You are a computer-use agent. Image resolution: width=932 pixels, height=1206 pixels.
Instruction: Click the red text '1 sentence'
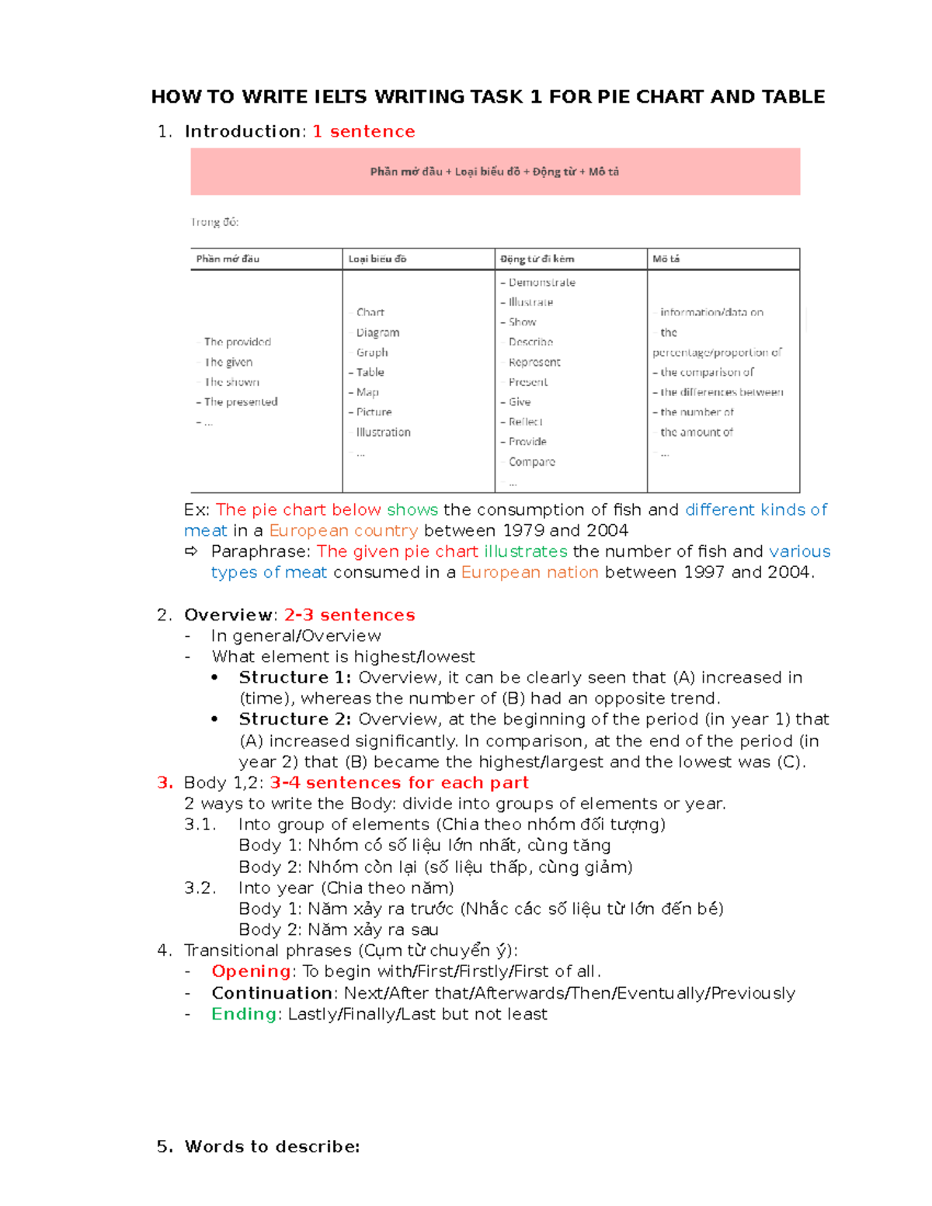click(x=363, y=132)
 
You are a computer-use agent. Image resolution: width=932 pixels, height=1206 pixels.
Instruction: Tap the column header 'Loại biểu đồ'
click(x=377, y=259)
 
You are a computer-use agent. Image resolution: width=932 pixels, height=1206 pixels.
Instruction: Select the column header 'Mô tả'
click(x=666, y=259)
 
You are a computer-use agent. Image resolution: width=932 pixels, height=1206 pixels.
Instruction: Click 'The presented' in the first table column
click(x=240, y=401)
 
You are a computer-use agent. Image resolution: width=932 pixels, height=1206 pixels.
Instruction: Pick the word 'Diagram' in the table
click(x=377, y=332)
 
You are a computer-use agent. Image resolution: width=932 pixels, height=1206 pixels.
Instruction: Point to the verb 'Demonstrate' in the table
click(x=541, y=283)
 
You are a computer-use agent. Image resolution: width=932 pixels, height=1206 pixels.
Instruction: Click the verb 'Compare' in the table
click(x=531, y=461)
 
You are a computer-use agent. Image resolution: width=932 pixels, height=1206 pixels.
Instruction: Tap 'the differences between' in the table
click(x=721, y=392)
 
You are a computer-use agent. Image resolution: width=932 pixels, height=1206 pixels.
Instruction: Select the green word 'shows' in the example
click(x=412, y=510)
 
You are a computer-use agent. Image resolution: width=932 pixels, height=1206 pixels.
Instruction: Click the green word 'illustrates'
click(x=525, y=552)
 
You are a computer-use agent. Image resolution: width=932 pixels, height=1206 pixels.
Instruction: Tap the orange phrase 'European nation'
click(x=530, y=573)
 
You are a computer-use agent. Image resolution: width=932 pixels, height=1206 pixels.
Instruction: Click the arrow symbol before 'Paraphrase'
click(x=191, y=552)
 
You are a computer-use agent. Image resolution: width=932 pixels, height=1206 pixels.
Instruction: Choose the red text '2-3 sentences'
click(x=349, y=615)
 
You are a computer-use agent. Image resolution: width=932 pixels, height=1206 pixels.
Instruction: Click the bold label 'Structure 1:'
click(x=295, y=678)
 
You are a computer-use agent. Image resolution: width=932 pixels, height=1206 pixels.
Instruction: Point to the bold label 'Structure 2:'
click(x=295, y=719)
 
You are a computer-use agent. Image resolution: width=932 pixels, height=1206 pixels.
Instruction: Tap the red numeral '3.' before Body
click(x=165, y=783)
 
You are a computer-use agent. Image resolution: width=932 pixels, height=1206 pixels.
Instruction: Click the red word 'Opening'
click(x=251, y=971)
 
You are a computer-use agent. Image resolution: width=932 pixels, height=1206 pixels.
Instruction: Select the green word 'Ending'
click(x=244, y=1014)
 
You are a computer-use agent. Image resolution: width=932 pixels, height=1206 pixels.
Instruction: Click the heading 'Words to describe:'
click(x=272, y=1147)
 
